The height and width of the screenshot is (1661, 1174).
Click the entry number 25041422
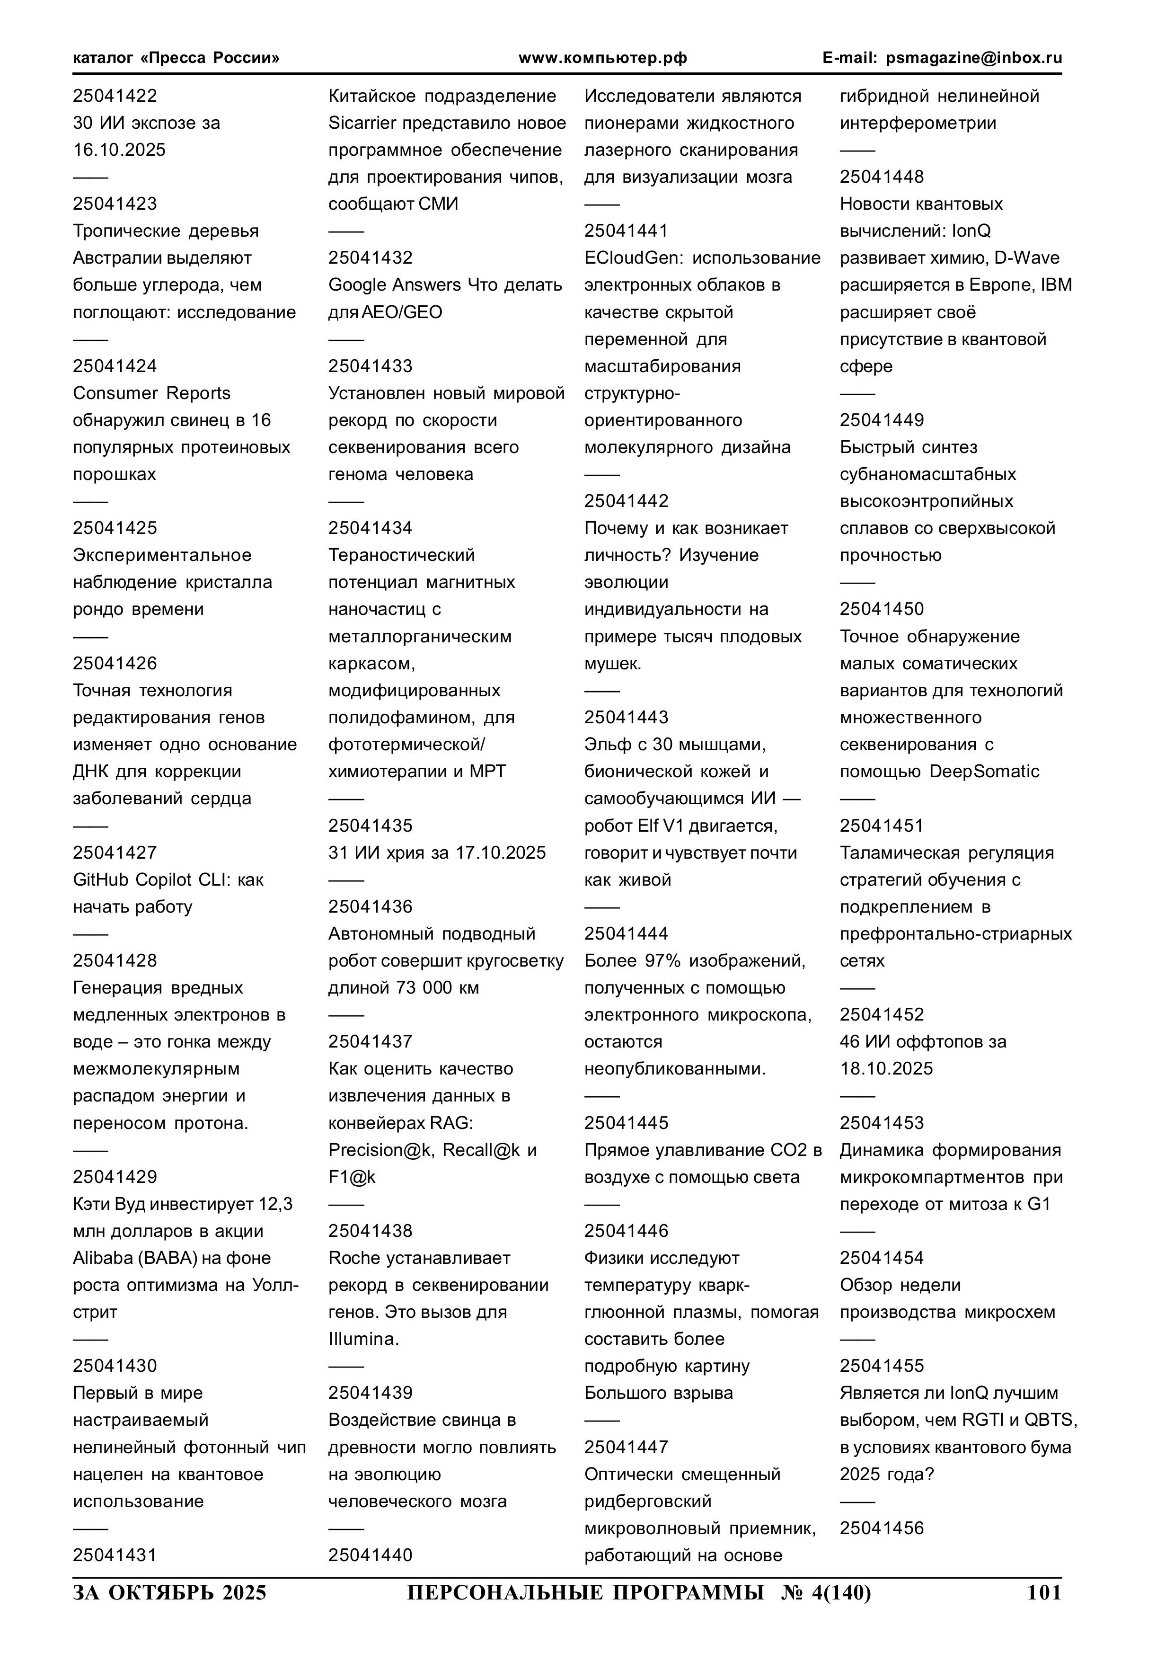pos(115,96)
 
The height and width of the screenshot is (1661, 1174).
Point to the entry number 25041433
pos(371,366)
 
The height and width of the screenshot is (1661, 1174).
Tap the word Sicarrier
pos(362,123)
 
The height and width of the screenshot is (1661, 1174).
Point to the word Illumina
pos(362,1339)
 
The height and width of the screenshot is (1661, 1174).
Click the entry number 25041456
pos(882,1528)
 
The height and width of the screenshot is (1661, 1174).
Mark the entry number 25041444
pos(627,933)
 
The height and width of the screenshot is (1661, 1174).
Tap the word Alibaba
pos(106,1258)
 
